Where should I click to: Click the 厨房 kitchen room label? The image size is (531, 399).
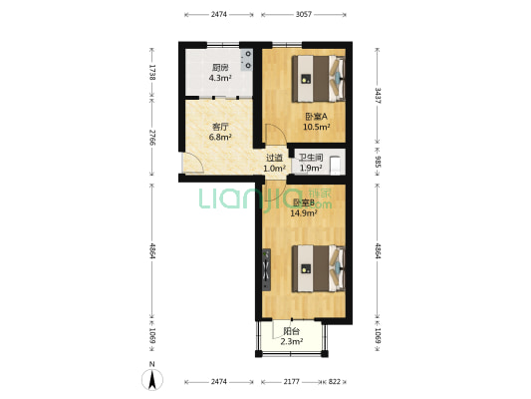pos(220,68)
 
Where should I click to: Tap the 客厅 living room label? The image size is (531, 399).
pos(221,128)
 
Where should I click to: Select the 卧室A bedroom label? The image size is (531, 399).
pos(316,117)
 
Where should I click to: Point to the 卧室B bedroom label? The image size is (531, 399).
pos(303,203)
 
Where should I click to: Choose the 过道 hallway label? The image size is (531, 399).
pos(273,158)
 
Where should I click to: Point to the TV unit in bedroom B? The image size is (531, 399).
pos(267,267)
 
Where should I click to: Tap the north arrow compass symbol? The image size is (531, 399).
pos(151,378)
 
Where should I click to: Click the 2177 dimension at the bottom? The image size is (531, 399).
pos(292,381)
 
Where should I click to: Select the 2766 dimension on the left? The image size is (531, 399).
pos(152,138)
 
